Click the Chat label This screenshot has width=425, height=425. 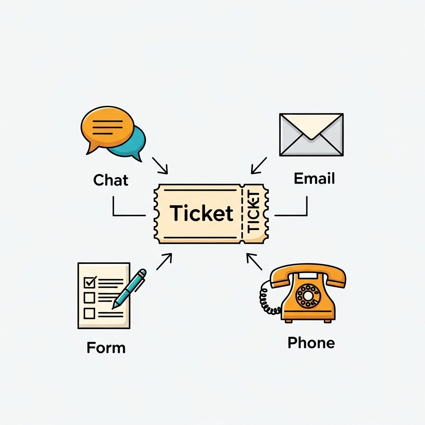click(111, 180)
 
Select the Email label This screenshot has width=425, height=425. click(314, 178)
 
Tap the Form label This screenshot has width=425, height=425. click(106, 347)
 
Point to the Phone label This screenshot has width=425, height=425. click(311, 343)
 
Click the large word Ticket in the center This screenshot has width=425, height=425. click(202, 213)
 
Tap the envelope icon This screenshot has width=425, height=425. click(311, 134)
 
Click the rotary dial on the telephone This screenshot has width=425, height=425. click(308, 296)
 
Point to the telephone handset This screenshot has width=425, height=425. click(308, 274)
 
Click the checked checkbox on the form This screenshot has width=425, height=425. click(90, 282)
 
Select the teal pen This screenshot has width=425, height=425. click(129, 288)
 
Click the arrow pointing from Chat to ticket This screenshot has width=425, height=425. click(160, 166)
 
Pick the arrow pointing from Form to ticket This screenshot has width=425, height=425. click(164, 261)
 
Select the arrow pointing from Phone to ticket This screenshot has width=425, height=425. click(254, 262)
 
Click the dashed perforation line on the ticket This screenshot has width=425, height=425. click(242, 214)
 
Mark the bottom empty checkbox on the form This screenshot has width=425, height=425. click(89, 313)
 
